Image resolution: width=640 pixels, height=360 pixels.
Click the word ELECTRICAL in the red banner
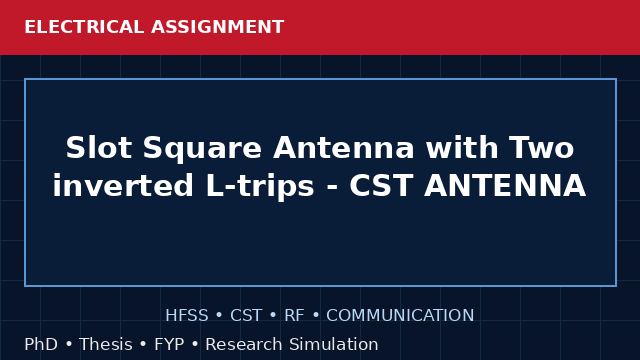[x=84, y=27]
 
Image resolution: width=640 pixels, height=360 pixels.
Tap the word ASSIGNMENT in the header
[x=218, y=27]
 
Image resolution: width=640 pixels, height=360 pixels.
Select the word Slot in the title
[x=98, y=147]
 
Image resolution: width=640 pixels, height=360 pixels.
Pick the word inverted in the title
[x=123, y=185]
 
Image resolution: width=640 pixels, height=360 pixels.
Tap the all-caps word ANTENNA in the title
[x=505, y=186]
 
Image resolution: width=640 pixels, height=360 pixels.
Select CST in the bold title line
[x=381, y=186]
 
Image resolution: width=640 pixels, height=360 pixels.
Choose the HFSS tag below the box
[x=187, y=316]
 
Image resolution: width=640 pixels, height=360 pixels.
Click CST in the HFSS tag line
[x=246, y=316]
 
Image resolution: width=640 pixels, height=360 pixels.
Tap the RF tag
[x=294, y=316]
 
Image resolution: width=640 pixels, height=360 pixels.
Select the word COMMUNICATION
[x=400, y=316]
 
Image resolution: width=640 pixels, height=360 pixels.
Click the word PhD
[x=41, y=344]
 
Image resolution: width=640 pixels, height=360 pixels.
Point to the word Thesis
[x=106, y=344]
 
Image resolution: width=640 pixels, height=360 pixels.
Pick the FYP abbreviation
[x=169, y=344]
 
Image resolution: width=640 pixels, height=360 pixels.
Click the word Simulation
[x=334, y=344]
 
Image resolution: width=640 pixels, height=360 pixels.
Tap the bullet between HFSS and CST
[x=219, y=316]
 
